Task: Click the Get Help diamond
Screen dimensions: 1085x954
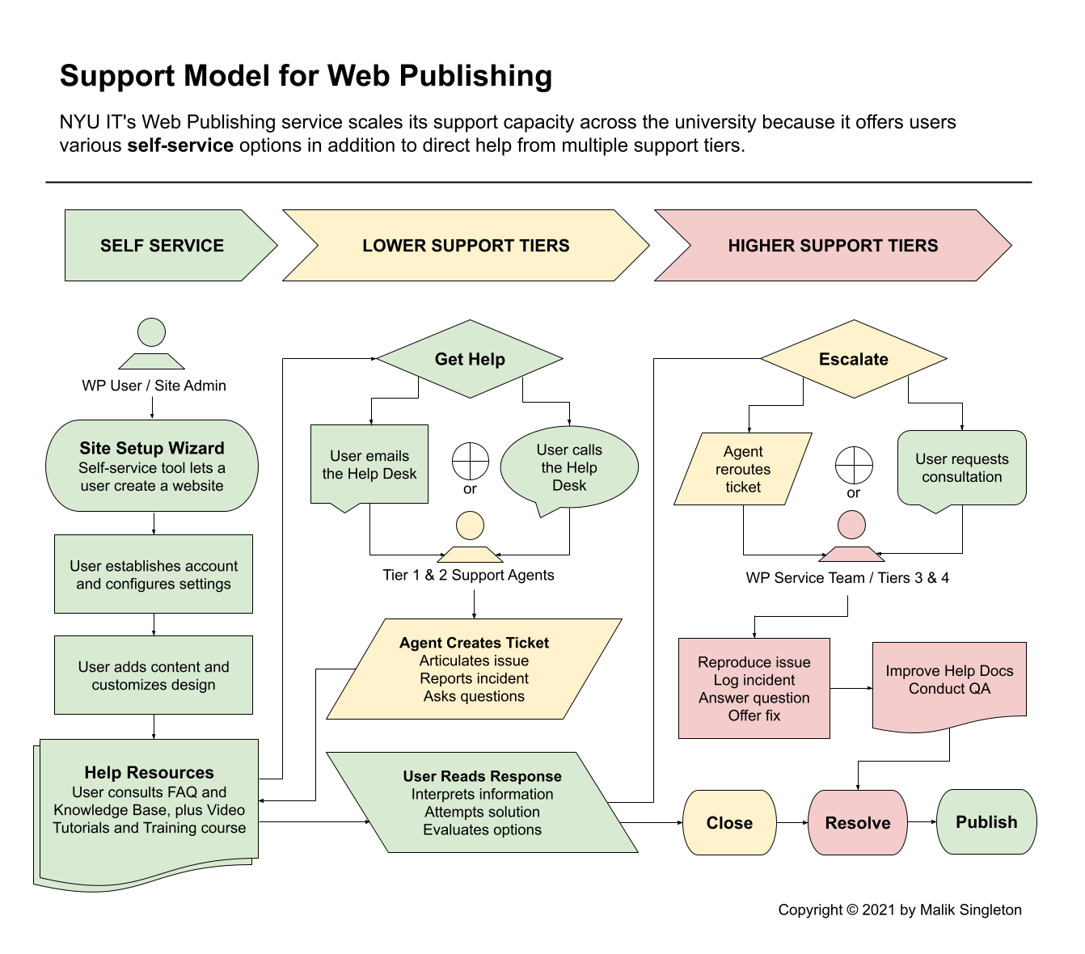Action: tap(470, 359)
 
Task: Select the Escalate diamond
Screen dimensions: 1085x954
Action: tap(854, 359)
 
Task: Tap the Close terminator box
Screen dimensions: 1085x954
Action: tap(729, 822)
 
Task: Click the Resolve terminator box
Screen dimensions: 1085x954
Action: tap(857, 822)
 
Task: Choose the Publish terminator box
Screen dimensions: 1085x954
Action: tap(986, 821)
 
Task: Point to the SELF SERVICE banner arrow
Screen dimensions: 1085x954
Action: tap(171, 245)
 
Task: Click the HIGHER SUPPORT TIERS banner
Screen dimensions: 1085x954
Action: tap(833, 245)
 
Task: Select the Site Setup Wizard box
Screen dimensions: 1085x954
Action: tap(152, 466)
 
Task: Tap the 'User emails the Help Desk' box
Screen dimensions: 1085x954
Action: tap(369, 464)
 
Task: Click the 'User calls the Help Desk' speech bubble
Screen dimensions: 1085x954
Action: tap(569, 467)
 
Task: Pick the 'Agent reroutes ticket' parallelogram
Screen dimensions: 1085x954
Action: tap(743, 469)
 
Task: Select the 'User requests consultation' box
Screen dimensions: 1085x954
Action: tap(962, 468)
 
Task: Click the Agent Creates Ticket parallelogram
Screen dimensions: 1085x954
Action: tap(474, 669)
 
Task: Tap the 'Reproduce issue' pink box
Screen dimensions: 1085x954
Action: tap(754, 688)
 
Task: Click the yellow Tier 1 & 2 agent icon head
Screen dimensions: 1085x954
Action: tap(470, 526)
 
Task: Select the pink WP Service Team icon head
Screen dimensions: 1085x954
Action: tap(851, 525)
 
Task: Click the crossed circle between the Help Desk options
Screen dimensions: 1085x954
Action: tap(471, 461)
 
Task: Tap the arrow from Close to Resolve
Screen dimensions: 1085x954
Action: tap(792, 822)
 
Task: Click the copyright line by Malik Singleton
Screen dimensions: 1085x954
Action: tap(900, 910)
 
